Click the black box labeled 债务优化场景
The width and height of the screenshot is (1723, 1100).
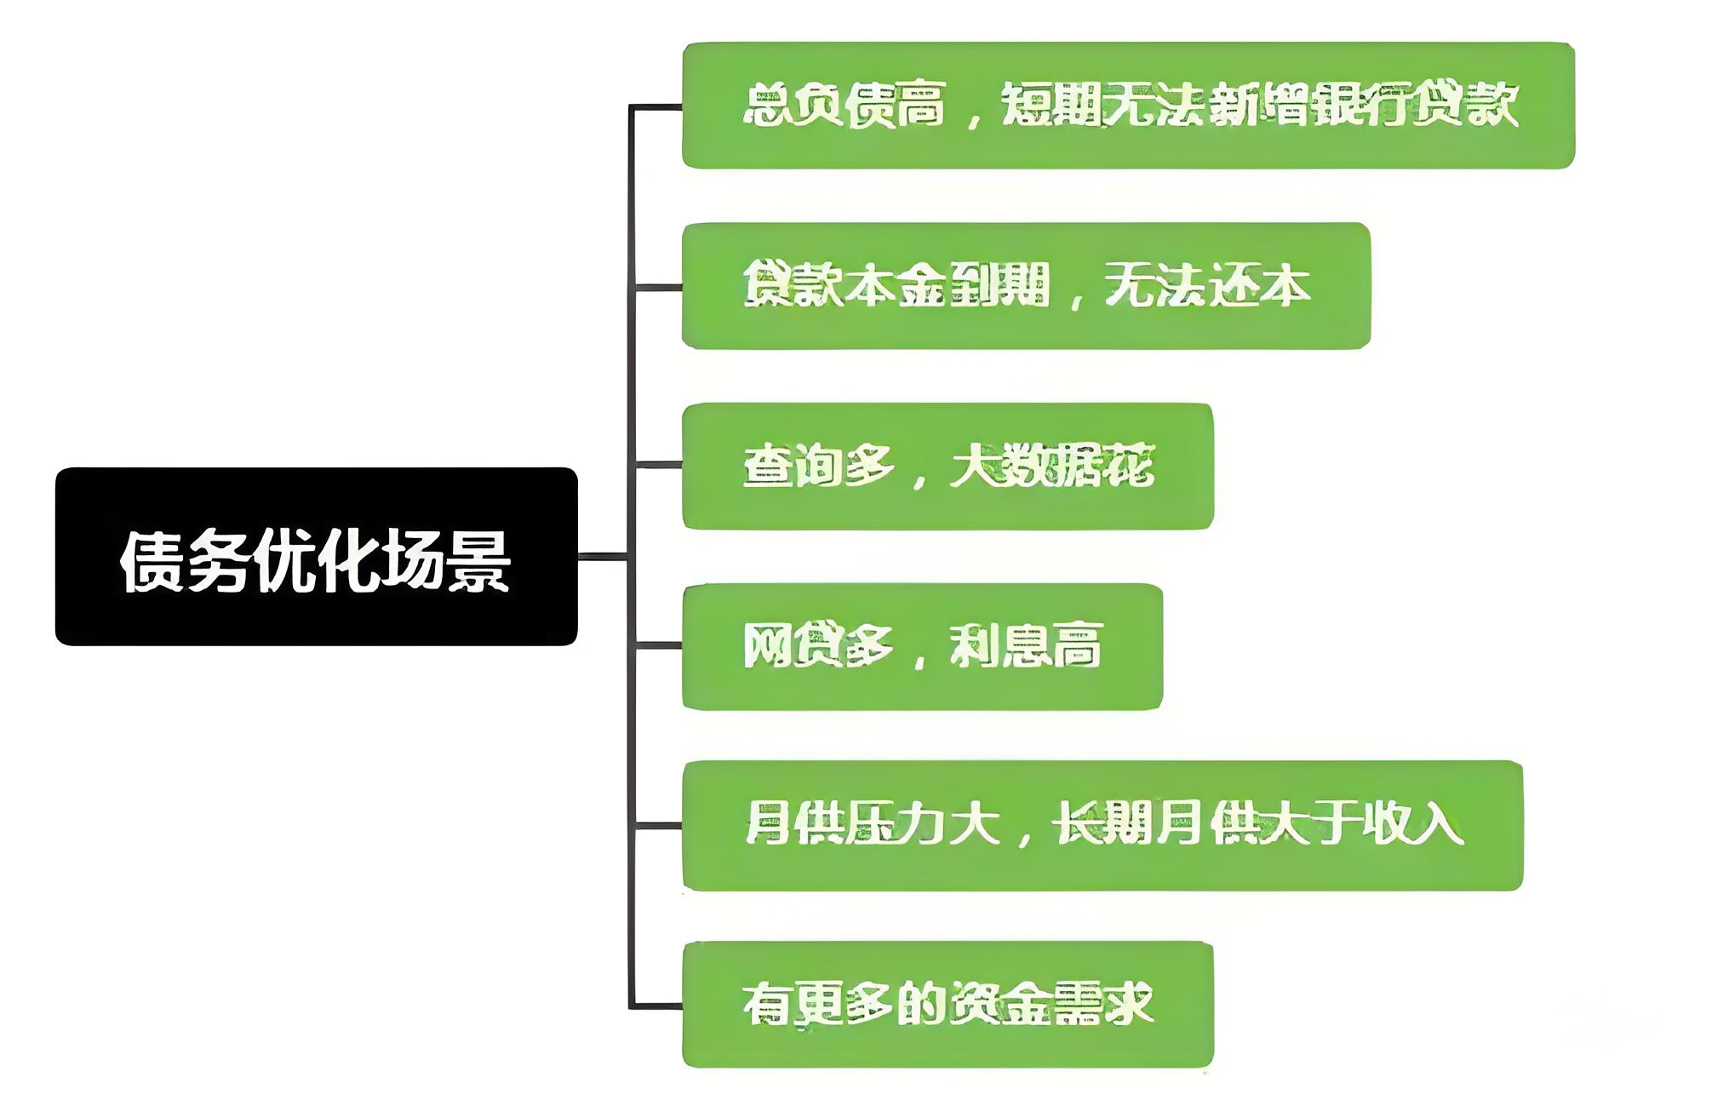pyautogui.click(x=316, y=556)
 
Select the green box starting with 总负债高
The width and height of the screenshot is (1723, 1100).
pyautogui.click(x=1128, y=106)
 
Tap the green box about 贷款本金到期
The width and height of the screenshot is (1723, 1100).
pyautogui.click(x=1026, y=286)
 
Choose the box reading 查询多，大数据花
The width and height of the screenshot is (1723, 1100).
pyautogui.click(x=947, y=467)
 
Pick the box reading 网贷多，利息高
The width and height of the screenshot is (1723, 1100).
pyautogui.click(x=922, y=646)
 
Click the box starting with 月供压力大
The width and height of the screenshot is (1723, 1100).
pyautogui.click(x=1102, y=825)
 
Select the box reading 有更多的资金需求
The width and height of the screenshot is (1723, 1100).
pyautogui.click(x=947, y=1005)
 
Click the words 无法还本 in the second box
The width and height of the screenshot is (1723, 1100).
pyautogui.click(x=1207, y=286)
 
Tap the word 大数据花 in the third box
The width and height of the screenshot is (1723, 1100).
pyautogui.click(x=1052, y=467)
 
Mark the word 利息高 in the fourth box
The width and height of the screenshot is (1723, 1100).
pyautogui.click(x=1026, y=646)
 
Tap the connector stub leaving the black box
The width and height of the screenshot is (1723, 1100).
pyautogui.click(x=603, y=557)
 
